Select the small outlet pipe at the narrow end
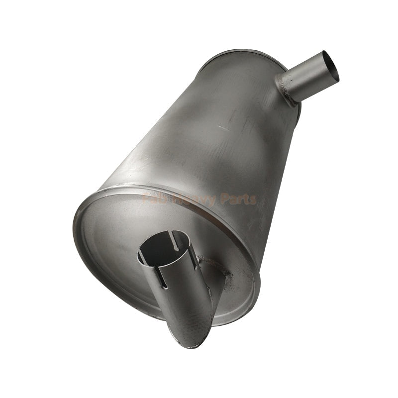[308, 77]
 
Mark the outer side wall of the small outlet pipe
[303, 82]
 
